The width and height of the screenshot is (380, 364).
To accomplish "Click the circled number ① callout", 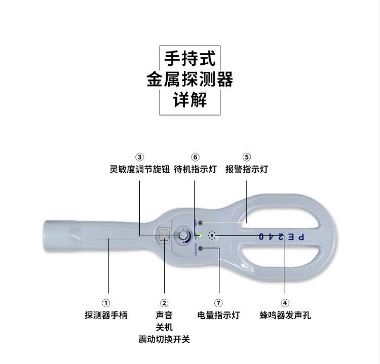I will (106, 303).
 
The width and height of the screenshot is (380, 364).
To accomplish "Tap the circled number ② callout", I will (164, 303).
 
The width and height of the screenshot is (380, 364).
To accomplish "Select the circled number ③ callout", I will (140, 157).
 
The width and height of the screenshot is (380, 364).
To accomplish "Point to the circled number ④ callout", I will (285, 303).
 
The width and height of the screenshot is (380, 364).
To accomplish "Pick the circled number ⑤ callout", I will (247, 157).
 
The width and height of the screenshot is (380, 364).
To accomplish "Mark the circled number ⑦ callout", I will (218, 303).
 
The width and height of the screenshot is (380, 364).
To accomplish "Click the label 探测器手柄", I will (106, 315).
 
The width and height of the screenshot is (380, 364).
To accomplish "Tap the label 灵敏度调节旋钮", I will (140, 169).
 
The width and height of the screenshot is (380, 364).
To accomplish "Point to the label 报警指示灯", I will (247, 169).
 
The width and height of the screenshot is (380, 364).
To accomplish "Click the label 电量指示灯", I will (218, 315).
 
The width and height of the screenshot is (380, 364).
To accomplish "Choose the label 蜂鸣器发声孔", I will (285, 315).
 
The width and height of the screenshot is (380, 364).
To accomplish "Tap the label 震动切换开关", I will (164, 339).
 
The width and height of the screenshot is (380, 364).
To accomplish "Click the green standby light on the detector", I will (201, 235).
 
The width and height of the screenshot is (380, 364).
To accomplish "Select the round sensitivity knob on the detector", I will (181, 236).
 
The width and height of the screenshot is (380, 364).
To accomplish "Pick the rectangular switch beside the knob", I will (164, 235).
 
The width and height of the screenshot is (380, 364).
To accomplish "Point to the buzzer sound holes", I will (212, 236).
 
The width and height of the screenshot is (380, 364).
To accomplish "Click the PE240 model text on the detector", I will (282, 236).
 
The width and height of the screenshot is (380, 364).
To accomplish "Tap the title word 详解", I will (190, 99).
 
